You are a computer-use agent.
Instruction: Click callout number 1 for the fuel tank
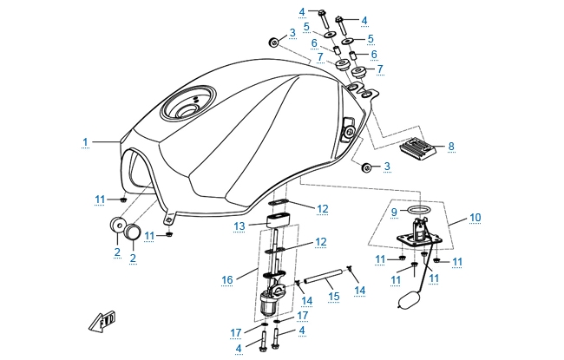86,141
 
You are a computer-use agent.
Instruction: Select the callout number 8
451,147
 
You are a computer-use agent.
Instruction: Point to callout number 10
475,217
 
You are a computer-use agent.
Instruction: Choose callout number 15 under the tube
332,296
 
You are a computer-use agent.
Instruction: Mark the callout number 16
228,280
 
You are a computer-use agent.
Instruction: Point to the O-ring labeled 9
419,211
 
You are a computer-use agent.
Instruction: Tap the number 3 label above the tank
292,33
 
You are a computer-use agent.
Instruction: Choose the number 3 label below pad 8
387,166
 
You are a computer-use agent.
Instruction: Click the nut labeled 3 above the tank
273,43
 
